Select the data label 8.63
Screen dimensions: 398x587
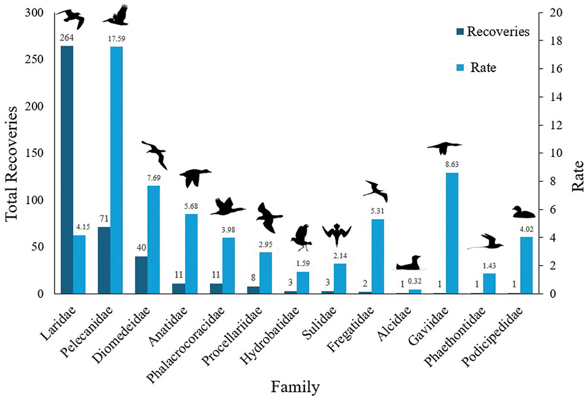[452, 165]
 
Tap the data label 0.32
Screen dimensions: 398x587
[415, 282]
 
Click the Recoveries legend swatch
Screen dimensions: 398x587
[459, 32]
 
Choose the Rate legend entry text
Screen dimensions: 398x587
[483, 67]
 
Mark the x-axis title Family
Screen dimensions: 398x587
[296, 388]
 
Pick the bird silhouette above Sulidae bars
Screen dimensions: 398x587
[337, 234]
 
